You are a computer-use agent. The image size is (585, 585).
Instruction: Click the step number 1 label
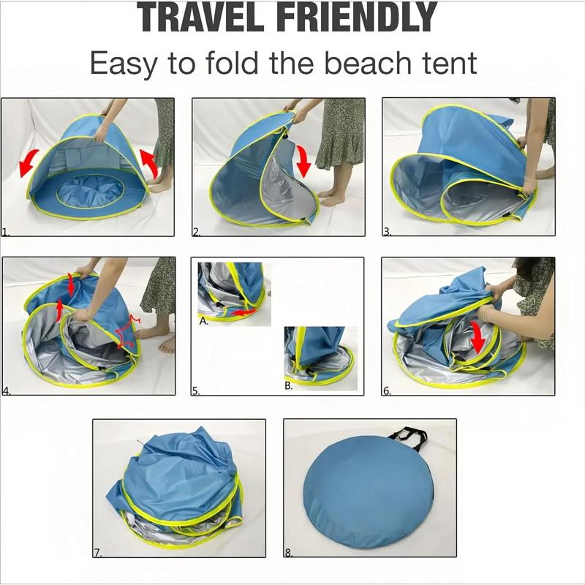6,233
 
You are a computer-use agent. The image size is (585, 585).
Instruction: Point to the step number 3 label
388,233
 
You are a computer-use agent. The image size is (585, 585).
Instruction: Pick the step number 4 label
7,391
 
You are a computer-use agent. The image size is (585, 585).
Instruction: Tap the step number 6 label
388,391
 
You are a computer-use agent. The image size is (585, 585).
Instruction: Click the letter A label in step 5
203,321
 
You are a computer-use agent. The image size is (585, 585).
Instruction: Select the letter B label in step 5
289,385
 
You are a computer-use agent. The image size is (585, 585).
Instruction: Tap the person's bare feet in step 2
333,199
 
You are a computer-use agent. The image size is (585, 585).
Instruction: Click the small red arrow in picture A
247,312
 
